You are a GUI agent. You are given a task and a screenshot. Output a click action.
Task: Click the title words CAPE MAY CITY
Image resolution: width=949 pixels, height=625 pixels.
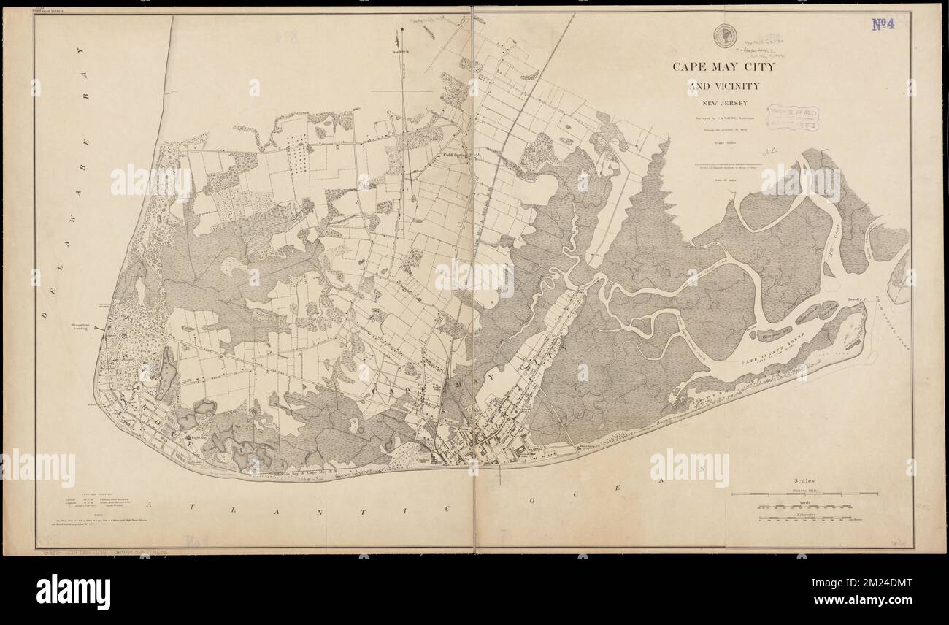[723, 67]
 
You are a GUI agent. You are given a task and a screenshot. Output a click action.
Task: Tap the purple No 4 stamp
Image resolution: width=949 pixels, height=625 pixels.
[887, 24]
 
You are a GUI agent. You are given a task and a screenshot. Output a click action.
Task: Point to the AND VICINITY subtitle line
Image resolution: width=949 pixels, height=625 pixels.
[723, 86]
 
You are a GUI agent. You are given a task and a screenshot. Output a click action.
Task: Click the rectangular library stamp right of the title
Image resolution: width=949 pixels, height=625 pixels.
[793, 118]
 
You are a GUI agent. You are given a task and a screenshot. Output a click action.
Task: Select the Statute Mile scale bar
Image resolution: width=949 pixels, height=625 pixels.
[818, 494]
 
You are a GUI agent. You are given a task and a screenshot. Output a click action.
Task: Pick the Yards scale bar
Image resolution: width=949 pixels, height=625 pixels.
[818, 506]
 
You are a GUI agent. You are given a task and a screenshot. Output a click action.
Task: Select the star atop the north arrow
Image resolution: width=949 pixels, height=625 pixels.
[401, 30]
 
